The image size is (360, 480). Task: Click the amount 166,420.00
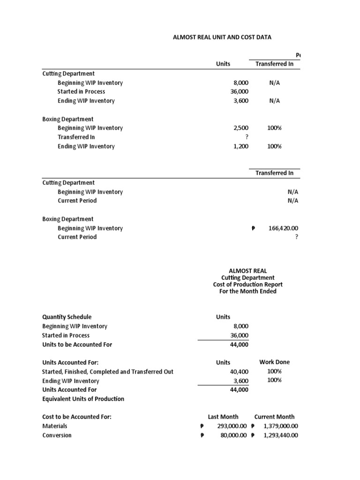coord(281,228)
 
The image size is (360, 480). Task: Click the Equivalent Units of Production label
coord(83,399)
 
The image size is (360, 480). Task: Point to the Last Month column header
coord(223,417)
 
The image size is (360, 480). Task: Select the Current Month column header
coord(274,417)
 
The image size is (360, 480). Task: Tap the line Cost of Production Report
coord(247,285)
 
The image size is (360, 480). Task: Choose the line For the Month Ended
coord(247,291)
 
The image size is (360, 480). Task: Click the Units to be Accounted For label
coord(77,345)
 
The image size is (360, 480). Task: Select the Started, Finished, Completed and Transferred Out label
coord(107,372)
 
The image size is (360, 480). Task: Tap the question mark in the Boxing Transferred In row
coord(247,137)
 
